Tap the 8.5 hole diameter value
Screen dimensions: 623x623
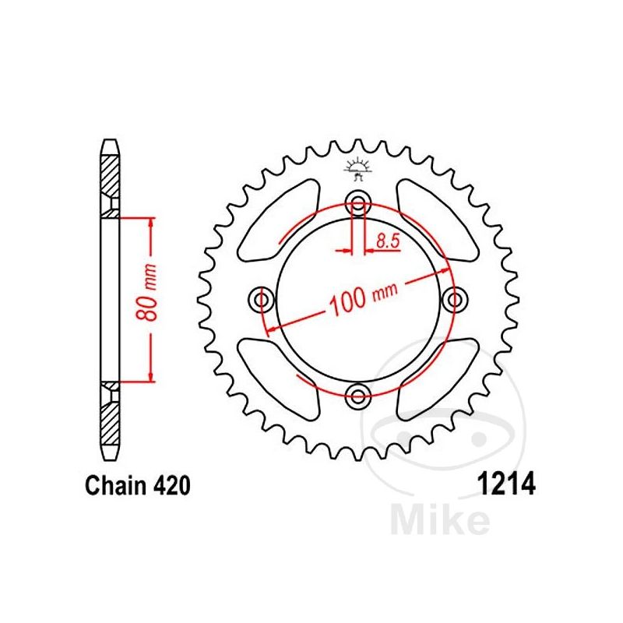tap(388, 241)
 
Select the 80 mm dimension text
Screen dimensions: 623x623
tap(146, 291)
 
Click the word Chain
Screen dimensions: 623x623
tap(116, 485)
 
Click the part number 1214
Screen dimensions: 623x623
tap(506, 483)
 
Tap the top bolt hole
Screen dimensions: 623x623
tap(358, 203)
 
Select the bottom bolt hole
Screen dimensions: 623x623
tap(358, 396)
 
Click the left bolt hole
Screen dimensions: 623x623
tap(261, 299)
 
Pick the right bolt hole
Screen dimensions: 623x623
tap(455, 299)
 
